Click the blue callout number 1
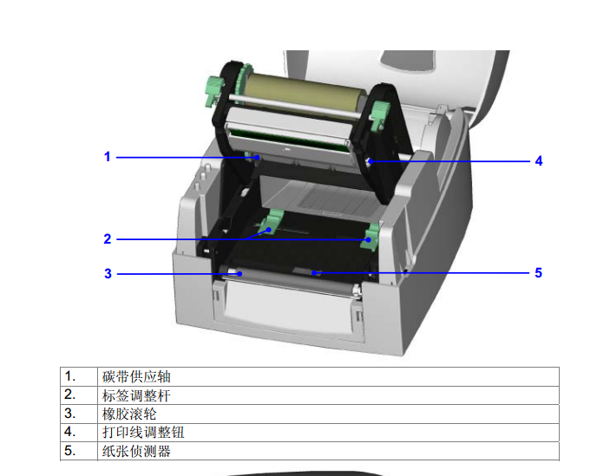(108, 157)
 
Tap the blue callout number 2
(108, 239)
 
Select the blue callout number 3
(108, 274)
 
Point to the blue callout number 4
(539, 161)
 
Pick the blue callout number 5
(539, 273)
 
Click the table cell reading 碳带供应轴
(136, 376)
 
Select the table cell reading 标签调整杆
(136, 395)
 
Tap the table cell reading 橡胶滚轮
(129, 414)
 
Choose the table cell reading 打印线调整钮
(143, 433)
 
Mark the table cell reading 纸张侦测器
(136, 451)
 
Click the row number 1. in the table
(70, 376)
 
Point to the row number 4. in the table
(70, 432)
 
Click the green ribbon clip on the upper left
(214, 90)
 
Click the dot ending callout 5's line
(314, 273)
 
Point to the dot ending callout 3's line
(240, 274)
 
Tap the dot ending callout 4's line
(371, 161)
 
